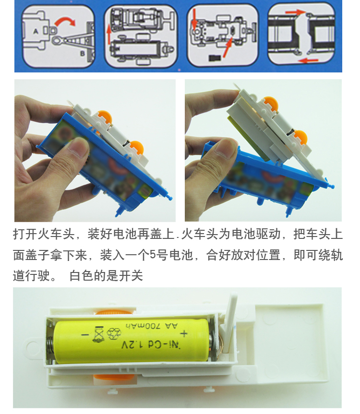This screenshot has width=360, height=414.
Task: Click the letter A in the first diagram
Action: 36,31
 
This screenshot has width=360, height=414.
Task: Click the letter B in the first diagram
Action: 83,53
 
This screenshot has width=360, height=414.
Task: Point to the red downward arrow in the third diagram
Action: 195,19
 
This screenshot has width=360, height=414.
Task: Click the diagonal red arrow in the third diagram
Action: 228,47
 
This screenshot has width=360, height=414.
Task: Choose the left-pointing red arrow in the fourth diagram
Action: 309,61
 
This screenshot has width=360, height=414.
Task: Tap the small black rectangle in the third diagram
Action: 215,58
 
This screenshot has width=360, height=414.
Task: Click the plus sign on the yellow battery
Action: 184,333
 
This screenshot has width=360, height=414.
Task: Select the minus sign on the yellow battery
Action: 85,335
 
